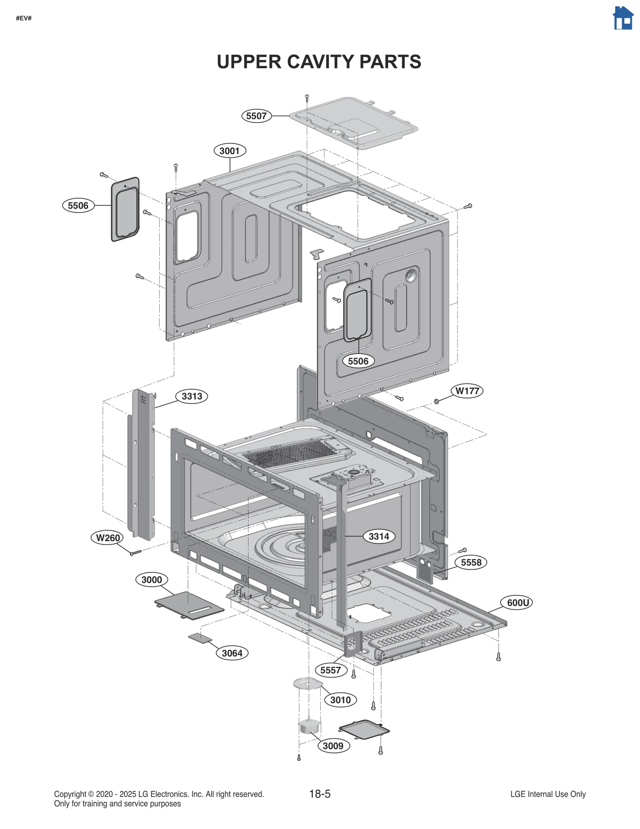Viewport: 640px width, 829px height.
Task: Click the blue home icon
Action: (623, 18)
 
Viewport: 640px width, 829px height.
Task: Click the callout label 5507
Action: (256, 116)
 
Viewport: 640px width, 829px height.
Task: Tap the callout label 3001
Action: (230, 151)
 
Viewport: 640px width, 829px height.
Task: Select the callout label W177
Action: (467, 391)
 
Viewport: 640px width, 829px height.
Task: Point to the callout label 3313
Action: (192, 396)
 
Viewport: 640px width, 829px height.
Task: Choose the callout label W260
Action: (108, 538)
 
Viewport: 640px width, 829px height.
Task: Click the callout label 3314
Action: (379, 536)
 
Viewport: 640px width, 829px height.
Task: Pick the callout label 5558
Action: (471, 562)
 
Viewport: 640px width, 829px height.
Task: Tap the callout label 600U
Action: (518, 602)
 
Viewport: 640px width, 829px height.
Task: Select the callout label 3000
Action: (152, 580)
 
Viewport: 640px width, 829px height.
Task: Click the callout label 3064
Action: (232, 653)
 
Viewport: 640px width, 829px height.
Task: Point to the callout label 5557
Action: (330, 670)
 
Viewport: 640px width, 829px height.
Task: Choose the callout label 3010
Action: (340, 700)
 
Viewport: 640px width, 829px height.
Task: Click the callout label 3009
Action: (333, 746)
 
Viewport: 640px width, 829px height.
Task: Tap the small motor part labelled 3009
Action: (309, 726)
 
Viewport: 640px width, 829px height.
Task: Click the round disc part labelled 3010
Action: (307, 683)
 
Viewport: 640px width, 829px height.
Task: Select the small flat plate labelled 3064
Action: (200, 638)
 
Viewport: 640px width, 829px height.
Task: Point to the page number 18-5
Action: (320, 794)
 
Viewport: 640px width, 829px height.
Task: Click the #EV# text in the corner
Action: (24, 18)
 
